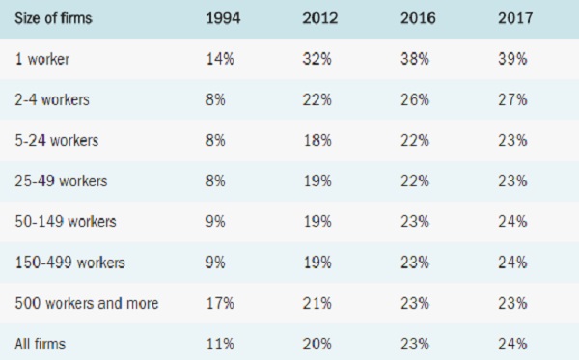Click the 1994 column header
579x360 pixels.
point(223,17)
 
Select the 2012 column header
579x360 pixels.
point(319,17)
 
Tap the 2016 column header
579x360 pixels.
point(418,17)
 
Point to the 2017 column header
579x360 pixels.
point(515,17)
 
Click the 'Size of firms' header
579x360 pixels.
point(53,17)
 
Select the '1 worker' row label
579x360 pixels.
point(42,59)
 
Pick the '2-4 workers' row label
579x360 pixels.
point(52,99)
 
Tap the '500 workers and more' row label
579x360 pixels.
point(87,303)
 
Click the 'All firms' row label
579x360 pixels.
point(41,344)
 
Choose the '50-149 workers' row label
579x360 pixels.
point(66,222)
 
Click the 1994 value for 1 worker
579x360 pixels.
point(220,59)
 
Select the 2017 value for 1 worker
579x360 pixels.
point(512,59)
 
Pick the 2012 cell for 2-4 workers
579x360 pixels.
point(317,99)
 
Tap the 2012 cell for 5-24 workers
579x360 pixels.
point(317,140)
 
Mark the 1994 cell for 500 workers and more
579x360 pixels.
point(220,303)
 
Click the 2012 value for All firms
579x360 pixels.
point(317,344)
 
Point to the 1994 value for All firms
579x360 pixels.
point(220,344)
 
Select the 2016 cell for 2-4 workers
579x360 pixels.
point(415,99)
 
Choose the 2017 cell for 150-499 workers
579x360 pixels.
point(512,263)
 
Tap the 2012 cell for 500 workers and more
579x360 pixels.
point(317,303)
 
